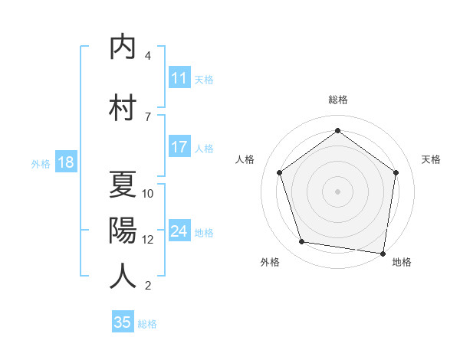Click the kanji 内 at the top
click(123, 47)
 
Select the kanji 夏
click(123, 185)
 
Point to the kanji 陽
click(123, 230)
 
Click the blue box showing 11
click(179, 78)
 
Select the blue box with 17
click(179, 147)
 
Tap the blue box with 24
click(179, 231)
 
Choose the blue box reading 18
click(65, 162)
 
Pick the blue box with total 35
click(123, 322)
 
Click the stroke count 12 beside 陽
click(148, 239)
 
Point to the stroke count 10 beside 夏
click(148, 194)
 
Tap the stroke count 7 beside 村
click(148, 116)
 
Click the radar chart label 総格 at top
click(337, 100)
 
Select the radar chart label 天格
click(431, 159)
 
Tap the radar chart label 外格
click(270, 262)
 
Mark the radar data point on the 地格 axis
click(383, 252)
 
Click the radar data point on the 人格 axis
click(279, 172)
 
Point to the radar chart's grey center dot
click(337, 191)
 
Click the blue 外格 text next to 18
click(40, 163)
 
